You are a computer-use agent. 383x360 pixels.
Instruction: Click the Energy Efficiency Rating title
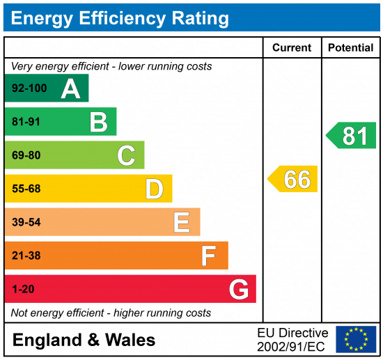[x=120, y=17]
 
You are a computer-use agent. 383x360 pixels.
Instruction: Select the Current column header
[x=292, y=48]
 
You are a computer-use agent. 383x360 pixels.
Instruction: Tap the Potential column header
[x=352, y=48]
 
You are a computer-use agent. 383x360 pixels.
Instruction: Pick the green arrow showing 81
[x=352, y=135]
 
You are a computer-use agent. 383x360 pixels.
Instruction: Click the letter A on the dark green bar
[x=70, y=88]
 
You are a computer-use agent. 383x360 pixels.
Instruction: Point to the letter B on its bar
[x=98, y=122]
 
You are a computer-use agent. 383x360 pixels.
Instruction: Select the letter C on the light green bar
[x=126, y=155]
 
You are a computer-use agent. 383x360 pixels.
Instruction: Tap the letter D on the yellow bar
[x=154, y=189]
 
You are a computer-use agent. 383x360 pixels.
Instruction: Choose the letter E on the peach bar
[x=182, y=222]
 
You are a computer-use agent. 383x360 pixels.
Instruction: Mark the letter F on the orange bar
[x=208, y=256]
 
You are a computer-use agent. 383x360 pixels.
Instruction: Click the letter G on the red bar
[x=239, y=289]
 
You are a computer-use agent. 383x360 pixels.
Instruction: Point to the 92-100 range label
[x=29, y=88]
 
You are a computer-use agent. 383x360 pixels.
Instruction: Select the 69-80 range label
[x=26, y=155]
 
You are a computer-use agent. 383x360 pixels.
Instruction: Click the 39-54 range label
[x=26, y=222]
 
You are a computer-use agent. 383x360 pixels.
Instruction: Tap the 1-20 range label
[x=23, y=289]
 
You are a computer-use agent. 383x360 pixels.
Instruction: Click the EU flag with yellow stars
[x=356, y=339]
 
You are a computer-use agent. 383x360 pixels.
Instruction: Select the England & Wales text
[x=84, y=341]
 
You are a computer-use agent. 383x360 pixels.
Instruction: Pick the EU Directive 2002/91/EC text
[x=292, y=339]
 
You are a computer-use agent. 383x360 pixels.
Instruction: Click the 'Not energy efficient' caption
[x=111, y=313]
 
